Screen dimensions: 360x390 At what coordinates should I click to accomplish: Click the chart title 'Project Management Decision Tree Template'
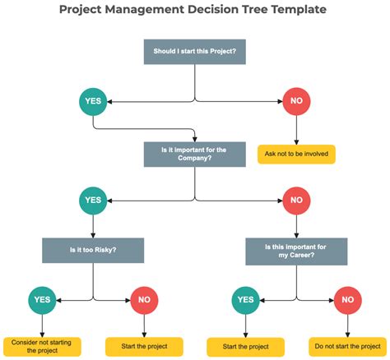coord(194,10)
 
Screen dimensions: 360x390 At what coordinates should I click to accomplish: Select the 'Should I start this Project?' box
coord(195,52)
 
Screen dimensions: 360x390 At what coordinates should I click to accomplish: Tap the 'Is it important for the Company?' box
coord(195,154)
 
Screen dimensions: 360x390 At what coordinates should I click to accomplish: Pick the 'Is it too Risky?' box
coord(93,251)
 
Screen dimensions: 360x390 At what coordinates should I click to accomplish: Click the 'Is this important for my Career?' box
coord(296,251)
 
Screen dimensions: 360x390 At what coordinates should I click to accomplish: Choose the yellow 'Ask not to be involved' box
coord(296,154)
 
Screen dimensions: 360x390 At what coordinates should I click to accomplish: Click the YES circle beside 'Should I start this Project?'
coord(93,103)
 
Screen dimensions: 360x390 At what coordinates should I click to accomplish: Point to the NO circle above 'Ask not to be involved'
coord(296,103)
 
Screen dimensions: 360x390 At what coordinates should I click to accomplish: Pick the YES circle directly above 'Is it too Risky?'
coord(93,200)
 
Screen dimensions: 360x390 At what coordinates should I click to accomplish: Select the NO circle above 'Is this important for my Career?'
coord(296,200)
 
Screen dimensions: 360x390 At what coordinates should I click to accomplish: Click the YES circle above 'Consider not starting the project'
coord(43,300)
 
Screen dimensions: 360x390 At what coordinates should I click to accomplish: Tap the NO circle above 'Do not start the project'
coord(346,300)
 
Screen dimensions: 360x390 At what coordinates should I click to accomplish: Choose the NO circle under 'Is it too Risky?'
coord(144,300)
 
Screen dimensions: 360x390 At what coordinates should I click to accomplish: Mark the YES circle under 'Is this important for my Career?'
coord(246,300)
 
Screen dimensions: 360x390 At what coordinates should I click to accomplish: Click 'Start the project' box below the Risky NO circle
coord(144,346)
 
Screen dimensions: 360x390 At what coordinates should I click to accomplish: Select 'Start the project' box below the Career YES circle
coord(246,346)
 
